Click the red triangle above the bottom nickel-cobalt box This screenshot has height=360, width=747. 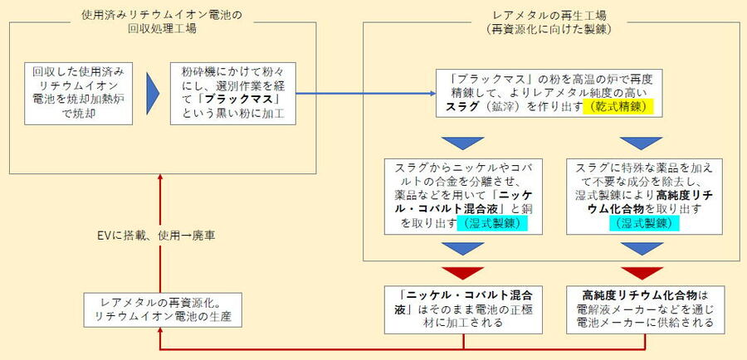[457, 272]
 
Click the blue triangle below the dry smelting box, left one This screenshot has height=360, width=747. [457, 141]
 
